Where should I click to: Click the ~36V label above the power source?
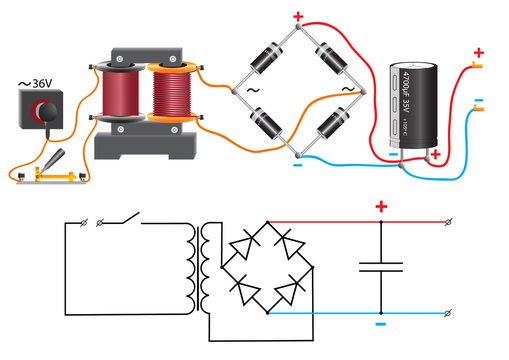(39, 84)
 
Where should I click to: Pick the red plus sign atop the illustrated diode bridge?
(297, 16)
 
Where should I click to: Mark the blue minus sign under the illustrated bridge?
(297, 166)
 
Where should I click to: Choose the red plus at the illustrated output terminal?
(478, 53)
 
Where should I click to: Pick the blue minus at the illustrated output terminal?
(478, 101)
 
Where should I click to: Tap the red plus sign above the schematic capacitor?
(381, 207)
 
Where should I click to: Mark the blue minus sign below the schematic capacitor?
(381, 324)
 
